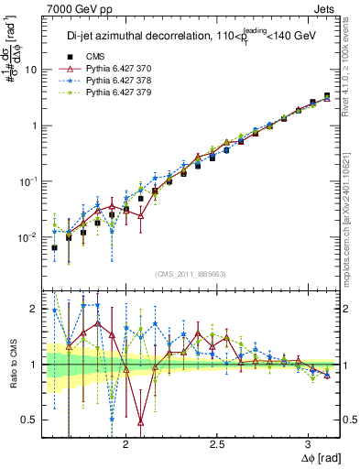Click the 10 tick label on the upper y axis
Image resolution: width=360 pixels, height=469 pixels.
click(31, 70)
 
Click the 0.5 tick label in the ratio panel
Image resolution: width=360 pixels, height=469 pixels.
click(31, 420)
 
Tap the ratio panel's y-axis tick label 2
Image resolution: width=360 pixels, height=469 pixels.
click(35, 309)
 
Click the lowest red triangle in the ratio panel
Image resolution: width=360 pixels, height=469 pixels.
click(141, 421)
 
